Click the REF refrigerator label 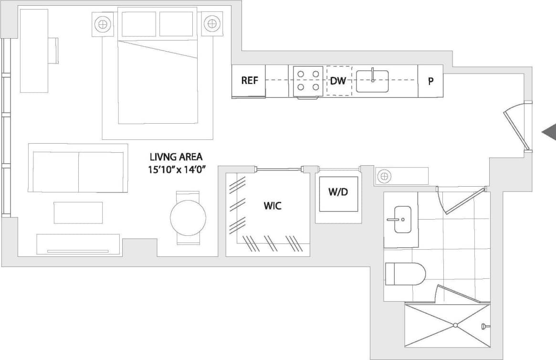click(x=249, y=81)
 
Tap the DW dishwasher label click(x=338, y=81)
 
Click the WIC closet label click(x=273, y=206)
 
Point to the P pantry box click(x=430, y=81)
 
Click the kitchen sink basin click(x=372, y=81)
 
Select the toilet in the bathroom click(x=405, y=274)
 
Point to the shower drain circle click(x=455, y=325)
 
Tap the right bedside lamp click(x=210, y=23)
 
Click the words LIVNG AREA click(x=176, y=157)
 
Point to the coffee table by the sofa click(x=78, y=212)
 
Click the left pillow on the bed click(x=139, y=24)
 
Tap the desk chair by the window click(x=53, y=50)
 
